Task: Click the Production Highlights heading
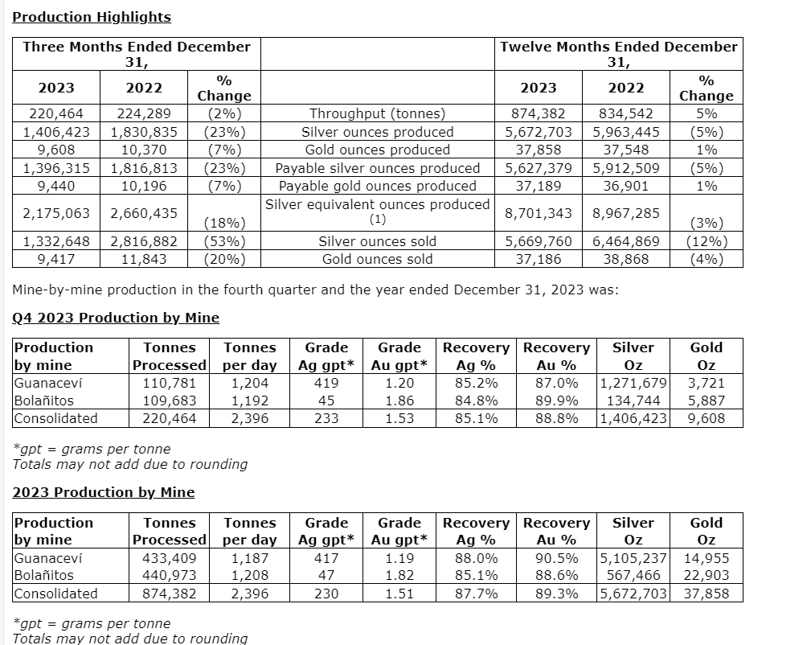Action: [92, 17]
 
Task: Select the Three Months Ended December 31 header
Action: [137, 54]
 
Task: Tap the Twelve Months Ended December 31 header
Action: [618, 54]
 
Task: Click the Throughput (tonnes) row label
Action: [377, 114]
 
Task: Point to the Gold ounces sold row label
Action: [377, 259]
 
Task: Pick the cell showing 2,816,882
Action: [144, 241]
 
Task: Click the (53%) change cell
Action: [224, 241]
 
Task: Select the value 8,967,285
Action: [625, 214]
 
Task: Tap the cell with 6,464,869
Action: [625, 241]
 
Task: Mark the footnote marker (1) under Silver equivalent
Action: [378, 220]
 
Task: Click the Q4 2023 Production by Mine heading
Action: [116, 318]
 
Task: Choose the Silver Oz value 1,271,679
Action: [633, 383]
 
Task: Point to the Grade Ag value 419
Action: [326, 383]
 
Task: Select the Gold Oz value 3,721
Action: [706, 383]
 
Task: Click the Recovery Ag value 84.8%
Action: [476, 401]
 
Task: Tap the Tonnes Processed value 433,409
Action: [169, 558]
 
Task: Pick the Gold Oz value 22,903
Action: [706, 576]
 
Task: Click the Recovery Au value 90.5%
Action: [556, 558]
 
